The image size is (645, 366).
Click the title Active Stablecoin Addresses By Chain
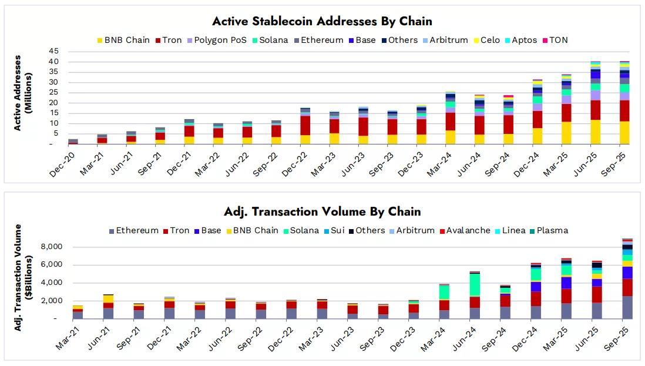tap(322, 21)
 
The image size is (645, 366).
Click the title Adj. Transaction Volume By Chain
tap(322, 211)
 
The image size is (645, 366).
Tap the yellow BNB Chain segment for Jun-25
tap(596, 132)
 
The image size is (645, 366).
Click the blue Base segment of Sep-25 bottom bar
tap(627, 273)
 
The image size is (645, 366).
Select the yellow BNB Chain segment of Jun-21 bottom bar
tap(108, 299)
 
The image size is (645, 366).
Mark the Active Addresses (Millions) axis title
tap(22, 93)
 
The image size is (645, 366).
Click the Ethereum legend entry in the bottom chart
tap(133, 230)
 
